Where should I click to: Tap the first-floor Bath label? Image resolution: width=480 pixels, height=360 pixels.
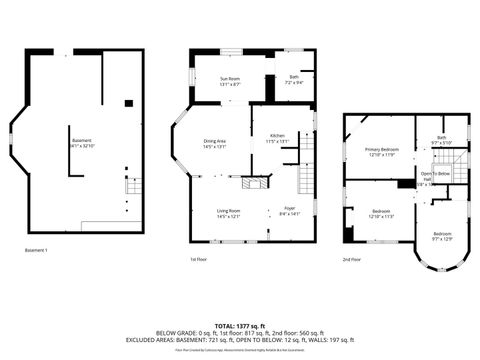click(x=294, y=79)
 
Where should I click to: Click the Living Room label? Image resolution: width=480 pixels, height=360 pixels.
click(x=229, y=213)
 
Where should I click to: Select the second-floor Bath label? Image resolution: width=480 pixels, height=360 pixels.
click(x=442, y=140)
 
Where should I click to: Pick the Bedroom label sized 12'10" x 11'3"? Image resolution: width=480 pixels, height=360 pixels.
click(x=381, y=213)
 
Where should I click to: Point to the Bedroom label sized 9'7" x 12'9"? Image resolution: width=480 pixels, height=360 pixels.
click(x=442, y=236)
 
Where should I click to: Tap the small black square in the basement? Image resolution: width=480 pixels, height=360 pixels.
click(x=128, y=103)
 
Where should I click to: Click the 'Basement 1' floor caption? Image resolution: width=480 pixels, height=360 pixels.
click(x=37, y=249)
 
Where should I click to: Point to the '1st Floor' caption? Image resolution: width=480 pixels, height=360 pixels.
click(x=198, y=258)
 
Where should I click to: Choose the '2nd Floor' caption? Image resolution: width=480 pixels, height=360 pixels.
click(x=351, y=258)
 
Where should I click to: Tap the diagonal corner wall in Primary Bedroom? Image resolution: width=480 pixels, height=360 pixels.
click(x=351, y=125)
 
